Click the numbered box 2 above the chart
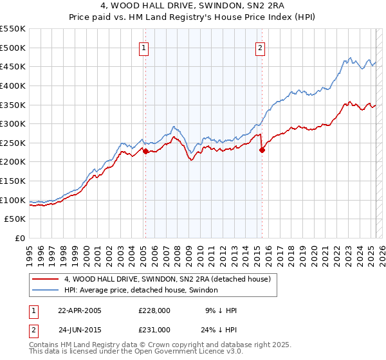260,47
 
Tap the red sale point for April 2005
145,151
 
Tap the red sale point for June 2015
262,150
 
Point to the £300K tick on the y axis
13,123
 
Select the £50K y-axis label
15,219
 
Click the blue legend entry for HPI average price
141,291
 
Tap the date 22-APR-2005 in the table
80,310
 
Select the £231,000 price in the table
154,329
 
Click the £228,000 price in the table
154,310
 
